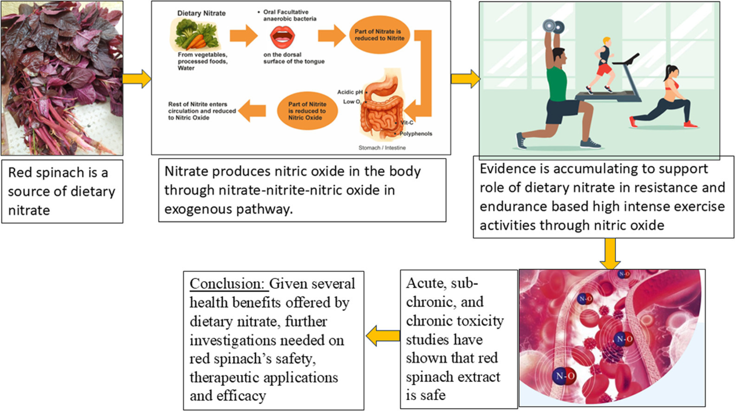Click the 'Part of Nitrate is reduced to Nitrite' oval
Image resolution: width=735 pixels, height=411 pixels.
click(379, 35)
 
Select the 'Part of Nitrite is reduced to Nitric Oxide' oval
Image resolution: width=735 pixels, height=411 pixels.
click(307, 111)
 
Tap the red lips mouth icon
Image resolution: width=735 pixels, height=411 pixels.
click(283, 37)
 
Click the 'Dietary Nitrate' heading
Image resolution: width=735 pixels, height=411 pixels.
click(202, 13)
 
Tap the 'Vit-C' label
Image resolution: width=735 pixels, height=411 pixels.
click(407, 122)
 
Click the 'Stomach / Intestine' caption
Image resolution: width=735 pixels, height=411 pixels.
click(382, 148)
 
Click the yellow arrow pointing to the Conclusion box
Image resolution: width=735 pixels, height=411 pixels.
click(383, 335)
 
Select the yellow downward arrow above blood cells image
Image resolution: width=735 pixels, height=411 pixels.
click(610, 253)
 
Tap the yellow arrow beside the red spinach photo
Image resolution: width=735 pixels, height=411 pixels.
click(137, 79)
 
